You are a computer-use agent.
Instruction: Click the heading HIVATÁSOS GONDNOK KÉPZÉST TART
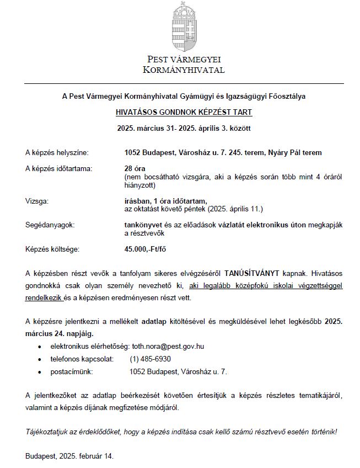point(184,112)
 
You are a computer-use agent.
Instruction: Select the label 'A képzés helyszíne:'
point(56,152)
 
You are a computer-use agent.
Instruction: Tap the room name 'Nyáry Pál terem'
point(297,152)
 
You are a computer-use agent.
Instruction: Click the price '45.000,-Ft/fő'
point(146,249)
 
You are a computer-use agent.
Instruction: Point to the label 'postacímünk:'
point(71,372)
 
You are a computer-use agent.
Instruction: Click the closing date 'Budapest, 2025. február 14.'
point(69,456)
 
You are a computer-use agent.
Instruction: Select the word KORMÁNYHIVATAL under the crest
point(184,70)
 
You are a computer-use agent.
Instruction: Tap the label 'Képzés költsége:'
point(52,249)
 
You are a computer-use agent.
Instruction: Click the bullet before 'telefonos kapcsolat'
point(39,360)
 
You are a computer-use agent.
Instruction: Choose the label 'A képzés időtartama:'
point(59,168)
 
